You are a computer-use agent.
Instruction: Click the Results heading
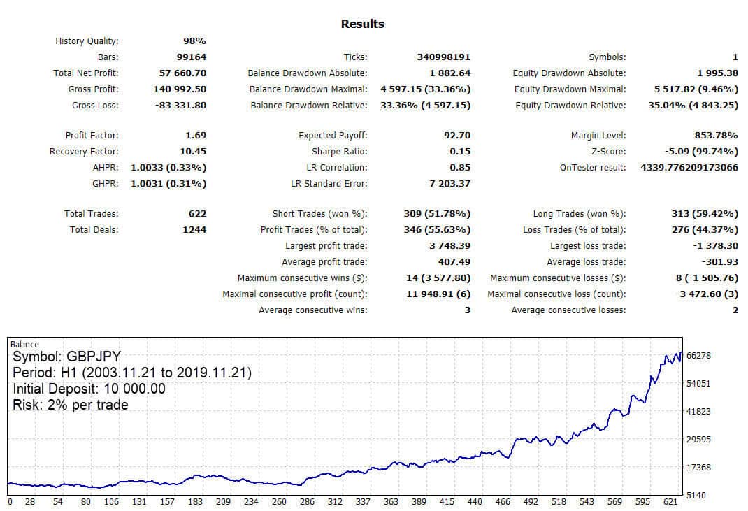[x=363, y=24]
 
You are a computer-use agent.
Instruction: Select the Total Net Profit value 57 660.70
[x=182, y=73]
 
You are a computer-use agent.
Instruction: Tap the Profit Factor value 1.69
[x=196, y=136]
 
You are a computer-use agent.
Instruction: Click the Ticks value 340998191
[x=444, y=57]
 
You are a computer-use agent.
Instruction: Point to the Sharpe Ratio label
[x=339, y=152]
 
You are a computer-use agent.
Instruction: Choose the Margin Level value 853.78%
[x=716, y=136]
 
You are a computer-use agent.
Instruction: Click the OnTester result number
[x=689, y=168]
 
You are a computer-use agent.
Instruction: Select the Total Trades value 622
[x=198, y=214]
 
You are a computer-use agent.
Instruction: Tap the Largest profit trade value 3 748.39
[x=450, y=246]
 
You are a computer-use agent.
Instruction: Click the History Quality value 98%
[x=194, y=41]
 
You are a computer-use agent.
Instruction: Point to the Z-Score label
[x=609, y=152]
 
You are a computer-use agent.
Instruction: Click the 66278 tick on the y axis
[x=698, y=356]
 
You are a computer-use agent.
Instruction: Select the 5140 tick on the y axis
[x=696, y=496]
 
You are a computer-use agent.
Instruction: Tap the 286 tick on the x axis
[x=307, y=502]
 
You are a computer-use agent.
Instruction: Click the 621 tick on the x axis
[x=670, y=502]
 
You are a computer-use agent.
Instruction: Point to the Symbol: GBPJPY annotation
[x=67, y=357]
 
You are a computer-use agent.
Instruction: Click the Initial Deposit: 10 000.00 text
[x=89, y=389]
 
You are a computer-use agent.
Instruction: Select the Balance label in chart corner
[x=24, y=345]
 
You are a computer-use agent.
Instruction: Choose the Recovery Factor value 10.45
[x=193, y=152]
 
